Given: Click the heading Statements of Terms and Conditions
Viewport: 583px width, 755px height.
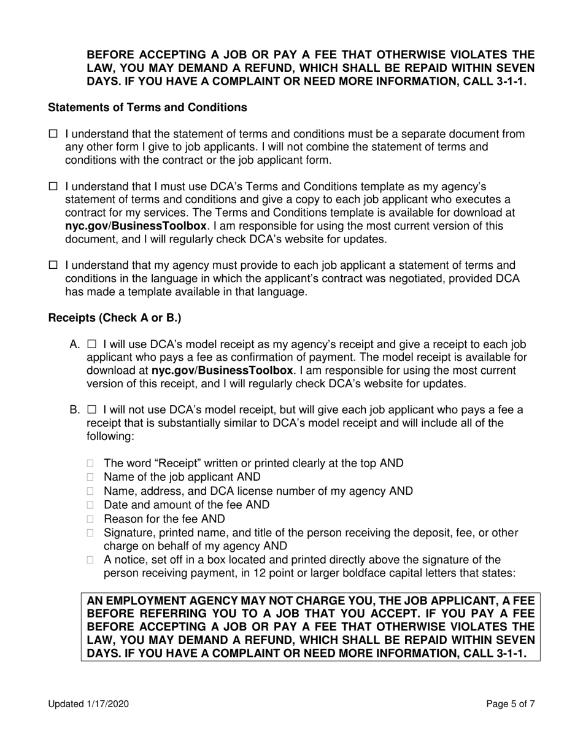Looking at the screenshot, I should [147, 107].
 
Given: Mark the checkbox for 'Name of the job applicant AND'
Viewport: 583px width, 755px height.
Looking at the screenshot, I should [91, 478].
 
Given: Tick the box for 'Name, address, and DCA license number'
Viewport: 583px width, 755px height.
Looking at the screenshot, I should [91, 492].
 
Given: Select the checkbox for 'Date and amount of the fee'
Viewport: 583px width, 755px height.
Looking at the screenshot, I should [91, 505].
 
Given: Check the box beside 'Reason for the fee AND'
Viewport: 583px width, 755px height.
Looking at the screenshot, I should [91, 519].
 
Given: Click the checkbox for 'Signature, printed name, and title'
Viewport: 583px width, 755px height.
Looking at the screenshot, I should [91, 533].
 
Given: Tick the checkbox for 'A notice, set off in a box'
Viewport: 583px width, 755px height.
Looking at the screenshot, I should [91, 560].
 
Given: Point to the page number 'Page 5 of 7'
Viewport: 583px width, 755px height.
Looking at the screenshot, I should [510, 705].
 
